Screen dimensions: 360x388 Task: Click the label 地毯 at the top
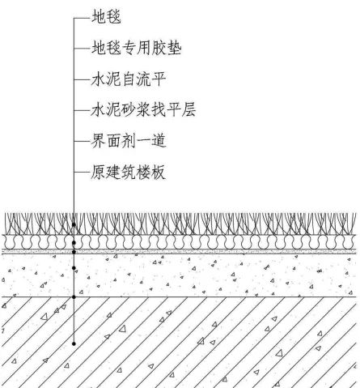106,17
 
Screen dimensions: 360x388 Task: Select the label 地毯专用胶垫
137,49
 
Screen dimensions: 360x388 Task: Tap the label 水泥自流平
129,79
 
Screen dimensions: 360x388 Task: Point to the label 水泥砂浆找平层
143,110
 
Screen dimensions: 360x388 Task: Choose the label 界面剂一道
129,141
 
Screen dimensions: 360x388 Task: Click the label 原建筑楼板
128,172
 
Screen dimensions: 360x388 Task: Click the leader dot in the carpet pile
74,224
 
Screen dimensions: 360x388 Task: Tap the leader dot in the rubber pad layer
74,243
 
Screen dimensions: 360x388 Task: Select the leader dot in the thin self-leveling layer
74,252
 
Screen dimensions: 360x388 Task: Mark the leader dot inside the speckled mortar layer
74,268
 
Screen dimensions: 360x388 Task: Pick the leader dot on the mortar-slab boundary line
74,297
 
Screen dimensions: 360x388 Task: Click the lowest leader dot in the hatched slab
74,343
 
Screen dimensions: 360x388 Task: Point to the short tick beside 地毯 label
82,18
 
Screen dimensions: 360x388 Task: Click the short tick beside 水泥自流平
82,79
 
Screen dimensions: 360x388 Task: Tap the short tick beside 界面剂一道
82,141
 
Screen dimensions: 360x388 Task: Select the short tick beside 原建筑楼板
82,172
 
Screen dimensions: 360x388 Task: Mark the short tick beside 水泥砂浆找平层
82,110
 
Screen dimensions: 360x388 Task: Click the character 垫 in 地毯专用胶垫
174,49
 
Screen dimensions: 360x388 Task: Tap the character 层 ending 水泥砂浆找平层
188,110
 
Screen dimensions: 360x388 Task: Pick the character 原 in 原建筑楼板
98,172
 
